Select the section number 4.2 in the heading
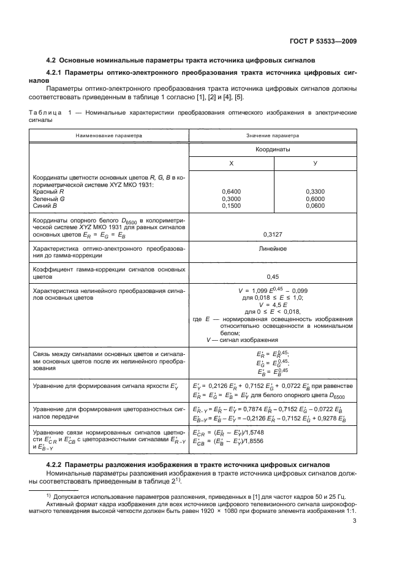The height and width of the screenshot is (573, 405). tap(53, 61)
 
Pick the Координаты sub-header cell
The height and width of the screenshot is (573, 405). tap(273, 149)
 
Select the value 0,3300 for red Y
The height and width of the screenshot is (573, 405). tap(315, 191)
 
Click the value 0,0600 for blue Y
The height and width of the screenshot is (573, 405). tap(315, 206)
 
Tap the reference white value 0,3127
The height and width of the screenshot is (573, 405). tap(273, 234)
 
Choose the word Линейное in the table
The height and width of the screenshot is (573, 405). tap(273, 249)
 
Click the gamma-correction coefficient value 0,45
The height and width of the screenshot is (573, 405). tap(273, 276)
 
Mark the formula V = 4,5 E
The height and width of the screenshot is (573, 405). tap(273, 304)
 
